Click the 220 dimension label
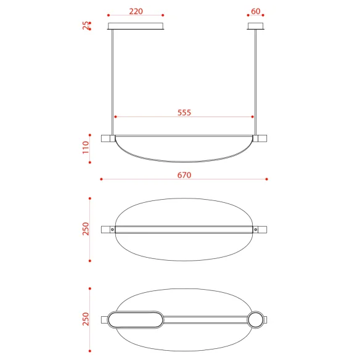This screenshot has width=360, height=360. pyautogui.click(x=136, y=11)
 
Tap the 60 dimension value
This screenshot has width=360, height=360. pyautogui.click(x=256, y=11)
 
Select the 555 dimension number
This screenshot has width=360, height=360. pyautogui.click(x=184, y=112)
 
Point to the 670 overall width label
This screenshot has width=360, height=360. pyautogui.click(x=184, y=175)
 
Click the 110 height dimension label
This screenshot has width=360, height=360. pyautogui.click(x=86, y=147)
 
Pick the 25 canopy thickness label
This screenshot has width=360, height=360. pyautogui.click(x=86, y=25)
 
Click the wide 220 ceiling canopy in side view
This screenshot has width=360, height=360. pyautogui.click(x=136, y=26)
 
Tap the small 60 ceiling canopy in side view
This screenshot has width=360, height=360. pyautogui.click(x=256, y=26)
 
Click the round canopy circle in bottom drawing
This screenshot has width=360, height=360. pyautogui.click(x=256, y=319)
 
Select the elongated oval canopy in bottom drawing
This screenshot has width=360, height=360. pyautogui.click(x=136, y=319)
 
